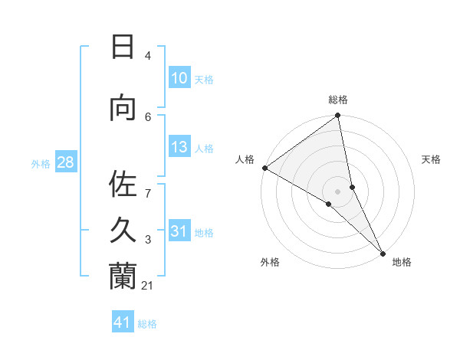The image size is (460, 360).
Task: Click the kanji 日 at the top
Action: (123, 47)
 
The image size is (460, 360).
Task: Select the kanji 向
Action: (123, 110)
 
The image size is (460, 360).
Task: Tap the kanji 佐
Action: (123, 185)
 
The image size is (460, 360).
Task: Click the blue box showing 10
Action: (179, 78)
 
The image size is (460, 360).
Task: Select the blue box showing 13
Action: (179, 148)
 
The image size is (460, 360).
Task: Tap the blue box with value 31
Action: (179, 232)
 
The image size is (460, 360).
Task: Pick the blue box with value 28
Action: (64, 162)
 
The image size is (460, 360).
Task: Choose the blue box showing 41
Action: (123, 322)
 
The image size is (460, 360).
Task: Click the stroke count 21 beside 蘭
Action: (148, 286)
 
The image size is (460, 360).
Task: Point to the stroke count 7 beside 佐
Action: (148, 185)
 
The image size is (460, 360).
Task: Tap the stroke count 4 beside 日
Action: (148, 56)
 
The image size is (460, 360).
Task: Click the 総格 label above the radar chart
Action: (338, 100)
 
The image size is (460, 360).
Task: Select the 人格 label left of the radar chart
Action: (245, 159)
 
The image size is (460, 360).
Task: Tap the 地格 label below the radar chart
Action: (402, 262)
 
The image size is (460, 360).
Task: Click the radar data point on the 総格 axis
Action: (338, 116)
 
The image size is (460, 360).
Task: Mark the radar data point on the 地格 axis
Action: (382, 252)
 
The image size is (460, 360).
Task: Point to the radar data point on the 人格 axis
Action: (264, 168)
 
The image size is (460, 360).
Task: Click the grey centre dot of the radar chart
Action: (338, 191)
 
